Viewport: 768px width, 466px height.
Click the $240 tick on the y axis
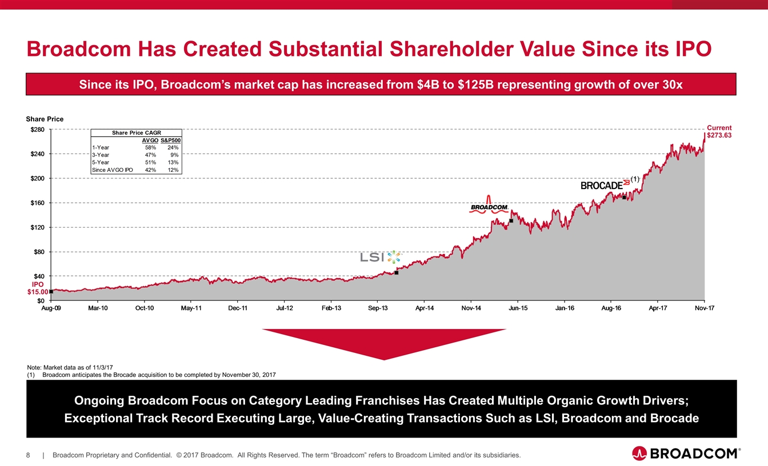point(39,154)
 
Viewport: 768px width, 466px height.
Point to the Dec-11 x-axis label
point(238,308)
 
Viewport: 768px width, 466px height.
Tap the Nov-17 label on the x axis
point(704,308)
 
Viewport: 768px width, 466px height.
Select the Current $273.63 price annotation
point(719,132)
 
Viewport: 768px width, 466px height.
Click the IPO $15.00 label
point(38,288)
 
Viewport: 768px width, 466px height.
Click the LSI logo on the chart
point(381,257)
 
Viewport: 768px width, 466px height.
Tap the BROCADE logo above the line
point(605,185)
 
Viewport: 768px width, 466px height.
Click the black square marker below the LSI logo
point(397,272)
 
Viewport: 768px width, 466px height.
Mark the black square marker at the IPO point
point(51,291)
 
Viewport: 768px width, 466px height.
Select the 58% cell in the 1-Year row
point(150,147)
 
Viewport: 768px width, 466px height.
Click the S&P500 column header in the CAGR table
point(171,140)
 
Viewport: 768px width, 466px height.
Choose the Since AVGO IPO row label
point(112,170)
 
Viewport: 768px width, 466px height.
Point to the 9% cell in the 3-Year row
point(174,155)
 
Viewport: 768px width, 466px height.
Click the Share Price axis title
point(45,119)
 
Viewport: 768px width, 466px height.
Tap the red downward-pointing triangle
point(384,343)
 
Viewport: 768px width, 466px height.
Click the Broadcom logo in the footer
point(686,454)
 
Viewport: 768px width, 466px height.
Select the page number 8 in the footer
point(28,455)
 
